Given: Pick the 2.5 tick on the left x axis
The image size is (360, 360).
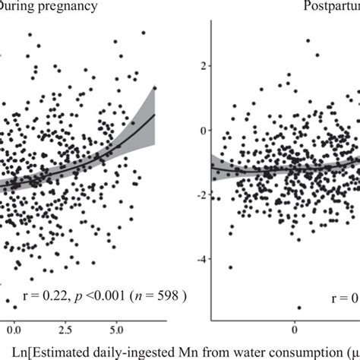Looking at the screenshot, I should coord(65,331).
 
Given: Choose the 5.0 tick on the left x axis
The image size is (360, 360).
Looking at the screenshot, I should coord(117,331).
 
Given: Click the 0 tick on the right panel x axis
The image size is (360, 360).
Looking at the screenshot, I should coord(295,331).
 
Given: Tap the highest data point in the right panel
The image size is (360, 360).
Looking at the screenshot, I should coord(308,40).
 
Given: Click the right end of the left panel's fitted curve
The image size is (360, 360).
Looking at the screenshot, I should coord(155,115).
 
